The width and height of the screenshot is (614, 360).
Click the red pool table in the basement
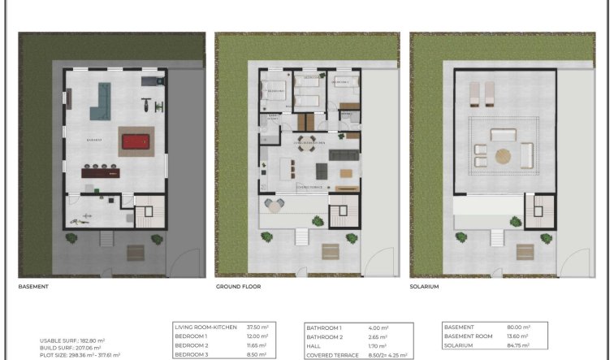click(x=135, y=142)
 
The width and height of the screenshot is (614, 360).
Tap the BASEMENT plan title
click(x=34, y=287)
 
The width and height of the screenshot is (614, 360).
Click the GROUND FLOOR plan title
click(x=238, y=287)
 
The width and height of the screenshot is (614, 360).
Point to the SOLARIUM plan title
click(x=425, y=287)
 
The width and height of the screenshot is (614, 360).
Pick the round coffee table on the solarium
click(x=504, y=155)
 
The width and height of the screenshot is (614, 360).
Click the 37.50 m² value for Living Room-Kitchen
click(x=258, y=327)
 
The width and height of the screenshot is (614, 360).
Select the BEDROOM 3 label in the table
click(x=192, y=354)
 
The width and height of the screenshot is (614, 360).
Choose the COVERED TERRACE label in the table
click(x=331, y=354)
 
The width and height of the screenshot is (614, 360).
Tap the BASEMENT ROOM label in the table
click(x=469, y=336)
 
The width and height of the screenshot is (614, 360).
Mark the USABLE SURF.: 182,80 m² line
click(x=72, y=341)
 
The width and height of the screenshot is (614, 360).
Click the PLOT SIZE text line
click(x=80, y=355)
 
